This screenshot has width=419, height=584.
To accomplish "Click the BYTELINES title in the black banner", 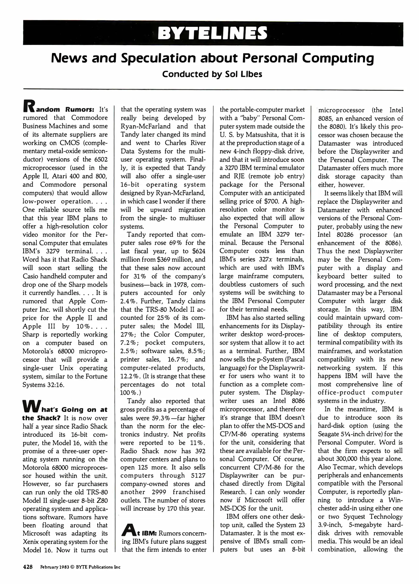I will pyautogui.click(x=213, y=33).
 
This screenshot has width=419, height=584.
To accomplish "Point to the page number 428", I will pyautogui.click(x=27, y=567).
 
